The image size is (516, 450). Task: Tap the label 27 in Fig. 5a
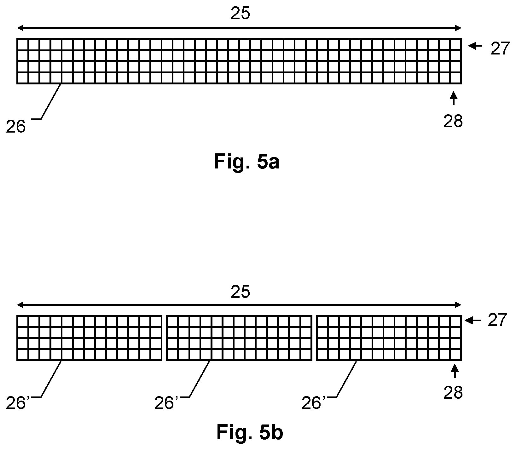[x=500, y=49]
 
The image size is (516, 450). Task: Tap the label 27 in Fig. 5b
[x=497, y=321]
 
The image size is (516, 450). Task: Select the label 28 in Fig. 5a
[x=453, y=122]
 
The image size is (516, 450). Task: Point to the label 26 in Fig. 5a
[x=16, y=127]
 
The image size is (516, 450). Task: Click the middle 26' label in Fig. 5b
[x=166, y=404]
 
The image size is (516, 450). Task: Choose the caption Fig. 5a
[x=246, y=162]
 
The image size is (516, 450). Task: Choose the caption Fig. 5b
[x=250, y=433]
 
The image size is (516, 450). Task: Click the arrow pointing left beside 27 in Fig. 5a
[x=475, y=46]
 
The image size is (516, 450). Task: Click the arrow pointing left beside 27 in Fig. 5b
[x=472, y=321]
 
